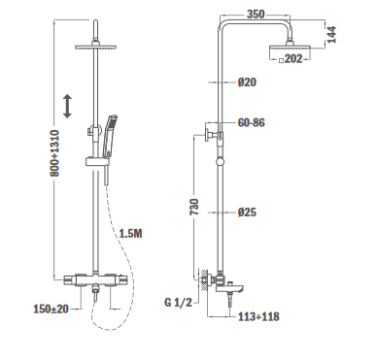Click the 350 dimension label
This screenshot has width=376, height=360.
click(256, 15)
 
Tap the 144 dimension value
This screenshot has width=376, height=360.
click(331, 35)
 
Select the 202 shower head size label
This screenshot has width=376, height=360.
click(293, 59)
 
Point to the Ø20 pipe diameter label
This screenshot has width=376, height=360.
click(247, 82)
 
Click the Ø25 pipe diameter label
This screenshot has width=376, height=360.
click(247, 213)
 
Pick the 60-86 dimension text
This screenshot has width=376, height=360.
click(251, 122)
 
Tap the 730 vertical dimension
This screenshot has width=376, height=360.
click(194, 207)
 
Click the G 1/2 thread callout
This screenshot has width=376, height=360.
click(178, 303)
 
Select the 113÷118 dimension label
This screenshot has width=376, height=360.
click(258, 316)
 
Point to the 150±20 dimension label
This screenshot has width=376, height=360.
click(51, 309)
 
